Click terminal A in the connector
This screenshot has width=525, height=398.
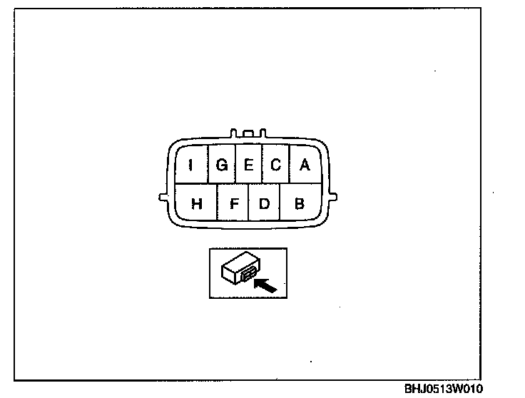pyautogui.click(x=305, y=165)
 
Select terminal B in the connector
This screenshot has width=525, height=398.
pyautogui.click(x=300, y=203)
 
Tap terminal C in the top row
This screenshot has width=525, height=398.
pyautogui.click(x=275, y=165)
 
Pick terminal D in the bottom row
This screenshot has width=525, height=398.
pyautogui.click(x=264, y=203)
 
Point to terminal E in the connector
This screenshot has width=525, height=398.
pyautogui.click(x=248, y=165)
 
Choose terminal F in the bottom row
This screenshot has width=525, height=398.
pyautogui.click(x=233, y=203)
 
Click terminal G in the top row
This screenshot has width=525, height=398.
pyautogui.click(x=221, y=165)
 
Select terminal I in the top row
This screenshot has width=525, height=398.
pyautogui.click(x=191, y=165)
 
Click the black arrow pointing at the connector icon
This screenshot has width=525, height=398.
pyautogui.click(x=265, y=285)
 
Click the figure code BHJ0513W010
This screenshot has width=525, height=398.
pyautogui.click(x=444, y=389)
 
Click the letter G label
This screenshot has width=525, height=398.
pyautogui.click(x=221, y=165)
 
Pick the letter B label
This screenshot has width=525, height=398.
pyautogui.click(x=300, y=204)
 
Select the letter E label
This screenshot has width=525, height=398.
pyautogui.click(x=248, y=165)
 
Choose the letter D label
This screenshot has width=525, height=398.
pyautogui.click(x=264, y=204)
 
